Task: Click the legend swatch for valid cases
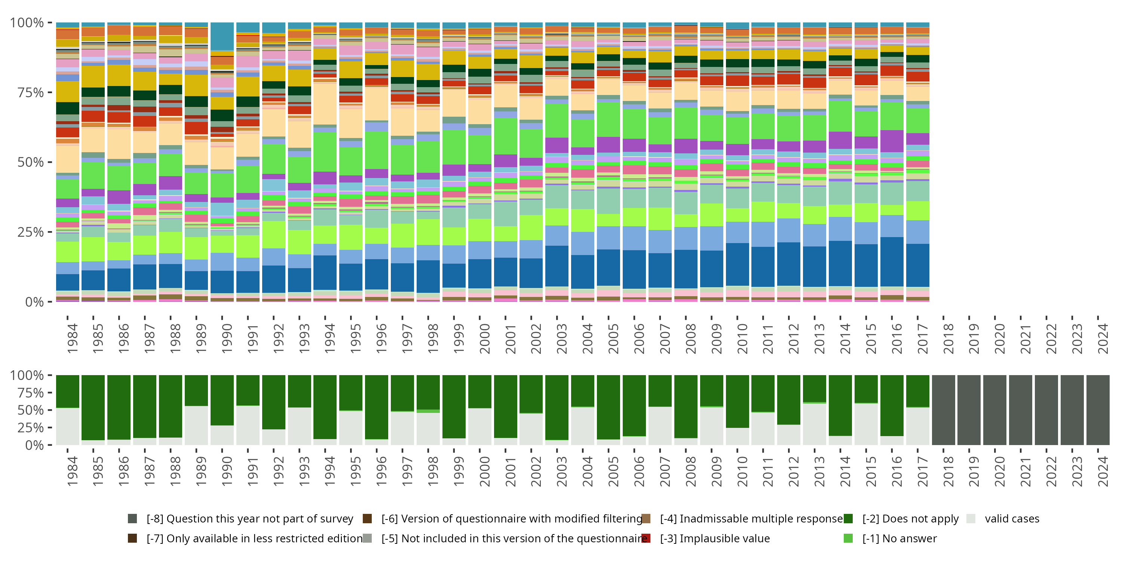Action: coord(971,518)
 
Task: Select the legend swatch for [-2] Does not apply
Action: coord(848,518)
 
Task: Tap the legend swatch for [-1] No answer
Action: coord(848,538)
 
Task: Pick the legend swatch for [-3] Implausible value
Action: coord(646,538)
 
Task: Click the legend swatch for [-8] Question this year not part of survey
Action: coord(132,518)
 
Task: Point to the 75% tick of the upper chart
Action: coord(31,92)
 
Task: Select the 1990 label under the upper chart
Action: coord(227,338)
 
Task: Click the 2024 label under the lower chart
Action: coord(1103,471)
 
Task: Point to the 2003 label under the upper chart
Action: coord(561,338)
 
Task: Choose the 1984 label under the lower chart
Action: coord(72,471)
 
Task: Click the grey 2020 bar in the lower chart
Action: coord(995,410)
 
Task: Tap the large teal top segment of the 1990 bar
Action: coord(222,37)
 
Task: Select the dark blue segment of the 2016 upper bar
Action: coord(892,261)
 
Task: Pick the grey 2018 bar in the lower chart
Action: coord(944,410)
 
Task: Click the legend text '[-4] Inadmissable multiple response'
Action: coord(751,518)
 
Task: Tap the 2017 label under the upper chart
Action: coord(922,338)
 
